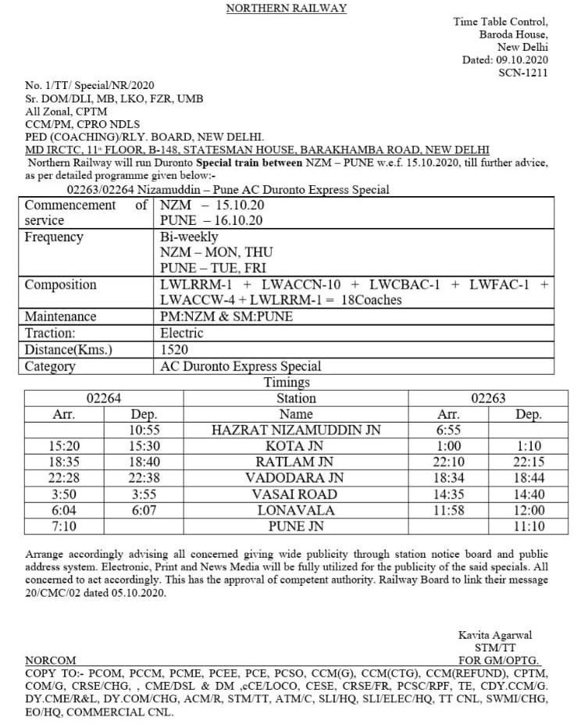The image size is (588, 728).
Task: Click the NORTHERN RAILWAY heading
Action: (x=285, y=9)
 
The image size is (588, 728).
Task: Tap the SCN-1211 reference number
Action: (x=523, y=73)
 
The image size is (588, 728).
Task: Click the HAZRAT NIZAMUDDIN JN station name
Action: (x=295, y=430)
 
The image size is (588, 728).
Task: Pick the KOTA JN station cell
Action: (x=295, y=446)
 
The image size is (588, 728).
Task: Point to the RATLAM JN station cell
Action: (x=295, y=462)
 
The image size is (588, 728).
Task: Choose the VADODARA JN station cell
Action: (x=295, y=478)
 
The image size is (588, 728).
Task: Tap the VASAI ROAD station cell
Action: (x=295, y=494)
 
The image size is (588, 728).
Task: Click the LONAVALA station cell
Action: (x=295, y=510)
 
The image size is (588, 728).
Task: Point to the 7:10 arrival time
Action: (x=63, y=526)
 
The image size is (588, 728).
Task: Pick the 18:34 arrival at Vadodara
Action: (x=447, y=478)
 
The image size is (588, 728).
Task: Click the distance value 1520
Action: (x=174, y=350)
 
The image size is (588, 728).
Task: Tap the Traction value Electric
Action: (x=182, y=334)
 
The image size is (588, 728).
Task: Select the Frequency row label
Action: (x=55, y=237)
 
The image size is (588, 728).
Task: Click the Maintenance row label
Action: (x=61, y=317)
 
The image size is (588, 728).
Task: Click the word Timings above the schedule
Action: (x=287, y=383)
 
